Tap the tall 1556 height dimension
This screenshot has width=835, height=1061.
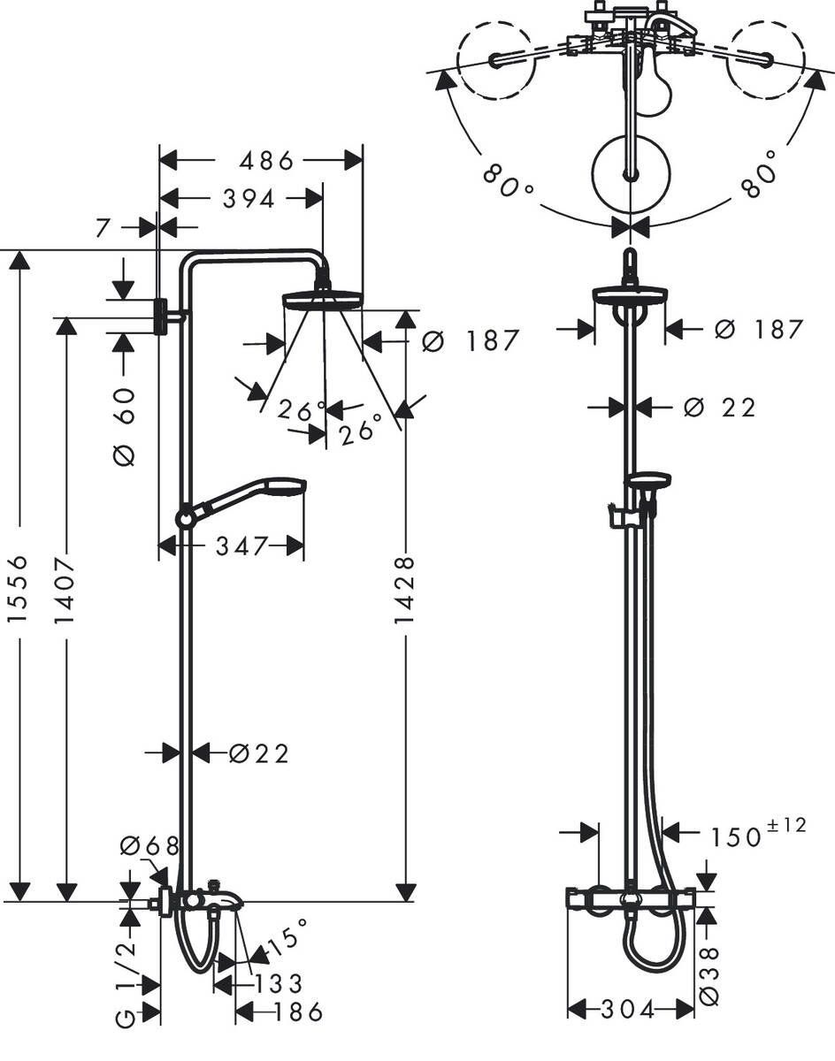tap(20, 588)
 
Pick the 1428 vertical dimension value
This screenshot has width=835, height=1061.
tap(404, 590)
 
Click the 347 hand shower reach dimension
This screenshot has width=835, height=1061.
tap(241, 546)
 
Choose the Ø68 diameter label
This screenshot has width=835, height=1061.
tap(149, 846)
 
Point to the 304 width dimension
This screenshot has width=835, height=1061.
tap(630, 1009)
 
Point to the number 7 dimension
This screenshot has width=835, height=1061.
tap(103, 228)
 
